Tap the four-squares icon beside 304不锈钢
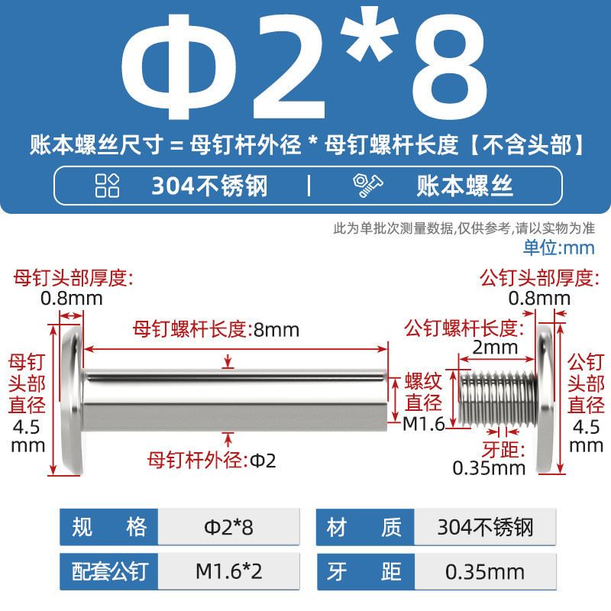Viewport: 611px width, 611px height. pos(107,186)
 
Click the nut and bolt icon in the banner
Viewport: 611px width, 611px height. pos(368,186)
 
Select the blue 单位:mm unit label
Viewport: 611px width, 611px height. pos(559,247)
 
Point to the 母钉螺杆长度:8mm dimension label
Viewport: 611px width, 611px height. pos(216,330)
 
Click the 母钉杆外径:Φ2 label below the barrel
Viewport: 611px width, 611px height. pos(212,461)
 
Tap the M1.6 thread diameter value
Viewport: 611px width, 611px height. pos(424,424)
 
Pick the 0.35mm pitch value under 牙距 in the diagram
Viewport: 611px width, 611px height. pos(489,468)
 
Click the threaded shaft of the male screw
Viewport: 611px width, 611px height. pos(498,398)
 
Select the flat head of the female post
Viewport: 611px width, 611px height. pos(73,399)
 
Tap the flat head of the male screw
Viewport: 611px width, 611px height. pos(545,399)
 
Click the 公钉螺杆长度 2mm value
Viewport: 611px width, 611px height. pos(495,348)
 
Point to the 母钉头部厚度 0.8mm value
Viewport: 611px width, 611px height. pos(71,299)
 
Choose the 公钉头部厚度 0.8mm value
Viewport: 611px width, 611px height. pos(539,299)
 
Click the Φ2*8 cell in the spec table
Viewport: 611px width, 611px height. pos(228,527)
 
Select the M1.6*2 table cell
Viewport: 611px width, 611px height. pos(228,571)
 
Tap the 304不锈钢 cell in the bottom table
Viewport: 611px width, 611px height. pos(485,527)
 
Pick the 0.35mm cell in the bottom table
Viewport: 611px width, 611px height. pos(485,571)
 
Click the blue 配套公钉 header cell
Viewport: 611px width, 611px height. pos(109,571)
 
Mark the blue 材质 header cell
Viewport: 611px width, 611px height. pos(365,527)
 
